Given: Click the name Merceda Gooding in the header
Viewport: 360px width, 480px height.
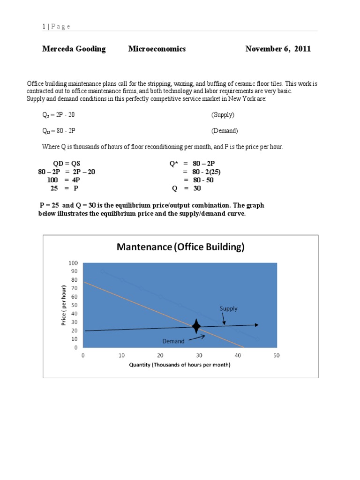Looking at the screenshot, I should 74,49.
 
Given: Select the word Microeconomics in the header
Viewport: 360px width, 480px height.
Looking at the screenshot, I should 157,49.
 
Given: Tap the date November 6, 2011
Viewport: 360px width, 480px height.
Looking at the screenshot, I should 278,49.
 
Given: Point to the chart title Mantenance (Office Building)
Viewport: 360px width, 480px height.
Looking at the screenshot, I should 180,247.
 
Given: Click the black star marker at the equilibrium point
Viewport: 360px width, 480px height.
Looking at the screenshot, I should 196,326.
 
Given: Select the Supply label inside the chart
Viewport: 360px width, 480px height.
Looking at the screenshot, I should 229,308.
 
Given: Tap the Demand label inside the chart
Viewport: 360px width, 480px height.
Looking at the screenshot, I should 173,341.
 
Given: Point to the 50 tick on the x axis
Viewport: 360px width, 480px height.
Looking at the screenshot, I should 276,355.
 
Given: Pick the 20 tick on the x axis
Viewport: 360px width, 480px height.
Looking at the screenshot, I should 160,355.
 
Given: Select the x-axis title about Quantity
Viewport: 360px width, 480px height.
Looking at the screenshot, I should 180,365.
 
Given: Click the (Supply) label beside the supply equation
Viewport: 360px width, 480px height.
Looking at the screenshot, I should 223,114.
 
